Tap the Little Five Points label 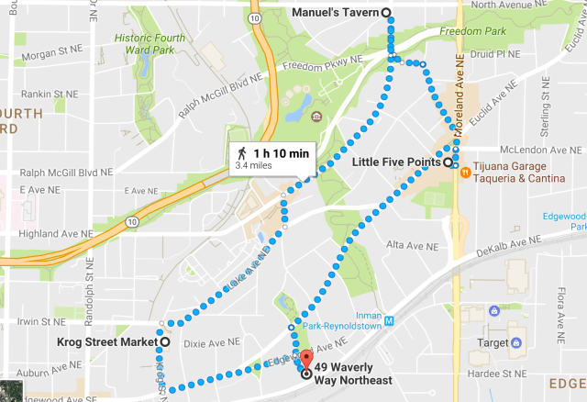[x=397, y=162]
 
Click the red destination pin [x=306, y=359]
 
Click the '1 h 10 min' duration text [x=282, y=153]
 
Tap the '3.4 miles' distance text [x=254, y=167]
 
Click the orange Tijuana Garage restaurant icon [x=465, y=170]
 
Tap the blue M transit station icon [x=389, y=321]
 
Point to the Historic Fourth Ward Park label [x=150, y=43]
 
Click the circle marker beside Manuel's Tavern [x=386, y=12]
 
